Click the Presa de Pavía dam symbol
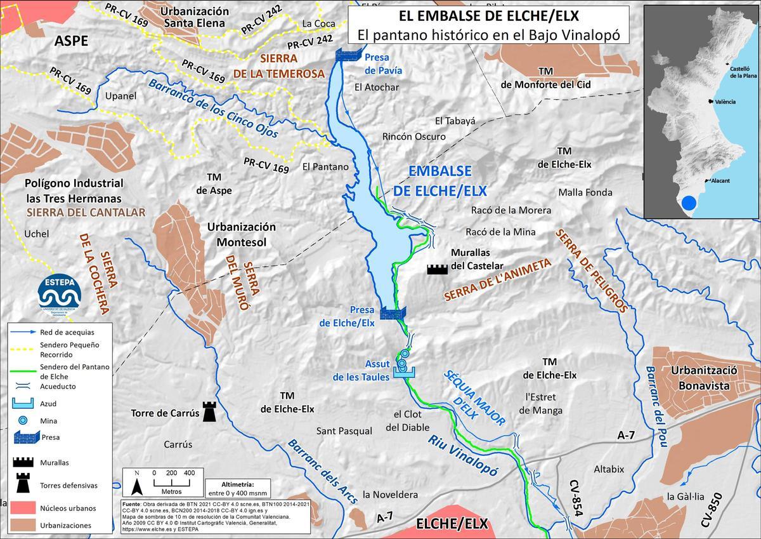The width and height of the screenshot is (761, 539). [x=348, y=55]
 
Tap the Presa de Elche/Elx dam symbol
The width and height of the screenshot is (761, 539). [x=393, y=312]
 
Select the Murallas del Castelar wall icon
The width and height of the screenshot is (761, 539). [x=437, y=269]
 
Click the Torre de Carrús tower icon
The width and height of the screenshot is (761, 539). [x=208, y=411]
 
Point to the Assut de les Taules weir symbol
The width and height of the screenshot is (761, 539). [x=403, y=373]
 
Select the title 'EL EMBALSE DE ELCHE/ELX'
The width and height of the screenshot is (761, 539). [x=488, y=15]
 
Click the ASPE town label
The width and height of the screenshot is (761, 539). [x=71, y=41]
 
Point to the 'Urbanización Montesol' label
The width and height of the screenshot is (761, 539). [x=242, y=234]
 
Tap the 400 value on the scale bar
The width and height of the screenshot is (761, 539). [x=189, y=473]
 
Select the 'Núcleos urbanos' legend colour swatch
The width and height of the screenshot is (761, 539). [x=22, y=508]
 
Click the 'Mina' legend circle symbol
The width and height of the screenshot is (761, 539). [x=23, y=420]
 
